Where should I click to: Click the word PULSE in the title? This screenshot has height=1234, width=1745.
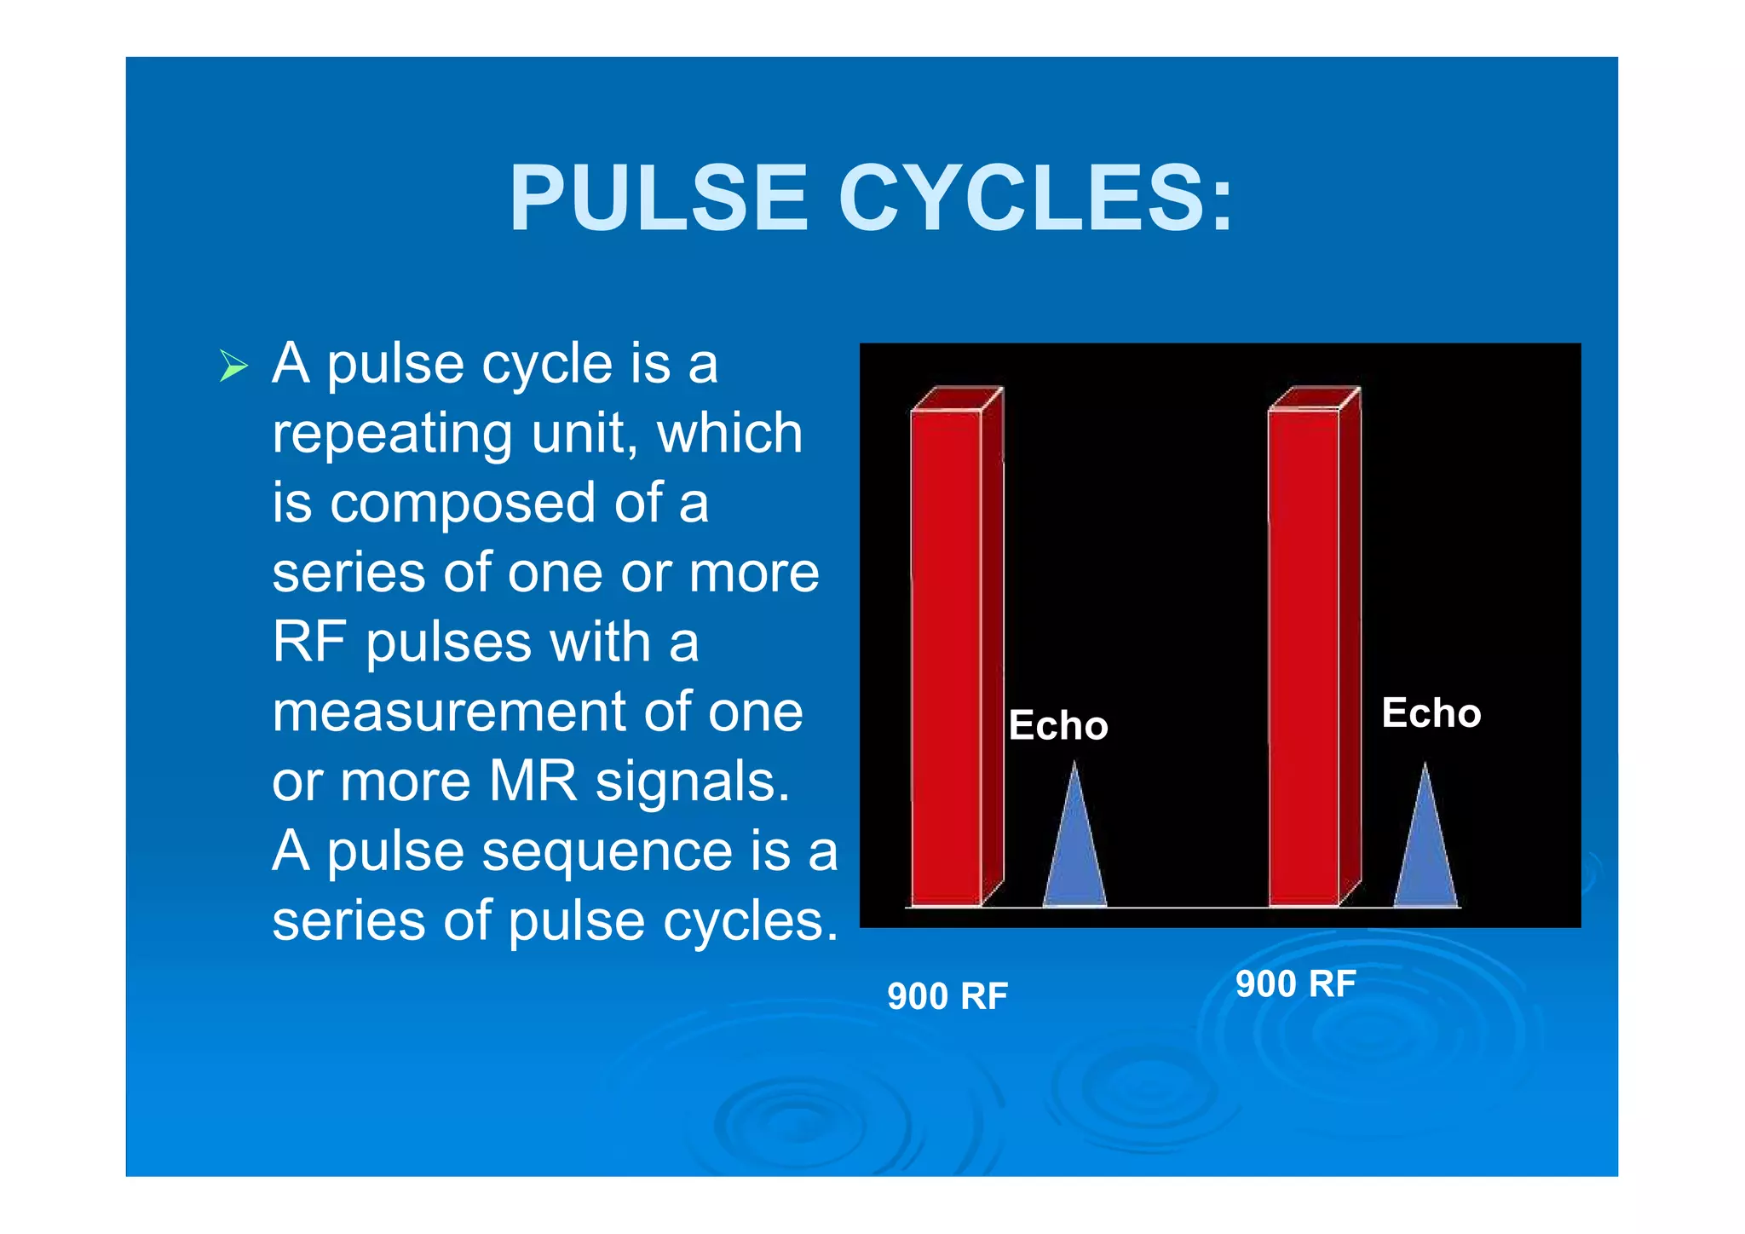(x=658, y=199)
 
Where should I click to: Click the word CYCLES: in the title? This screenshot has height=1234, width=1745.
(x=1035, y=199)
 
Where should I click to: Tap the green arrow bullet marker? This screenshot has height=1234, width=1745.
(x=233, y=366)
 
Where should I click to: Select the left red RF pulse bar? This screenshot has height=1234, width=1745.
(x=947, y=656)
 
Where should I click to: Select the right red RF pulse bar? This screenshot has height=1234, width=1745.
(x=1304, y=656)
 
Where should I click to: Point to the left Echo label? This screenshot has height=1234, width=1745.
(x=1058, y=726)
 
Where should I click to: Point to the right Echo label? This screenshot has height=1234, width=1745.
(x=1431, y=713)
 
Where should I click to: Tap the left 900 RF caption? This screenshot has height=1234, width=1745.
(x=947, y=996)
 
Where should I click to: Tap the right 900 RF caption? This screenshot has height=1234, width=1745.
(x=1296, y=984)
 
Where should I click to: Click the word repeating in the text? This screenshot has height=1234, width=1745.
(x=392, y=435)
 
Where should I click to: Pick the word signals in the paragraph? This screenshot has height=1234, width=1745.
(x=692, y=781)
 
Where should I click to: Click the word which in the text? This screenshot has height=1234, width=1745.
(x=729, y=434)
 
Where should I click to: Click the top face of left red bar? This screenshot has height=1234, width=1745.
(x=957, y=398)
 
